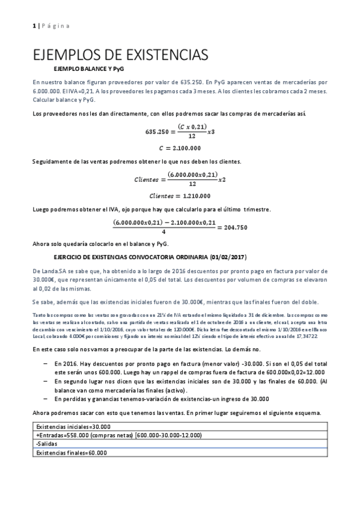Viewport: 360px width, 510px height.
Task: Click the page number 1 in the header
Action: pyautogui.click(x=34, y=26)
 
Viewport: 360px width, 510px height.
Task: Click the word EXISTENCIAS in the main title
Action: pyautogui.click(x=156, y=55)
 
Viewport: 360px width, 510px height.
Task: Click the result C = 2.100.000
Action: pyautogui.click(x=180, y=147)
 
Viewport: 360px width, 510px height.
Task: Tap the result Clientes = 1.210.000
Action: pyautogui.click(x=180, y=195)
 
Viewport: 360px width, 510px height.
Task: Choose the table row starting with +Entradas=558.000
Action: pyautogui.click(x=96, y=435)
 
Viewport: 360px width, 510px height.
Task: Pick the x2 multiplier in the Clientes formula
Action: pyautogui.click(x=221, y=179)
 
